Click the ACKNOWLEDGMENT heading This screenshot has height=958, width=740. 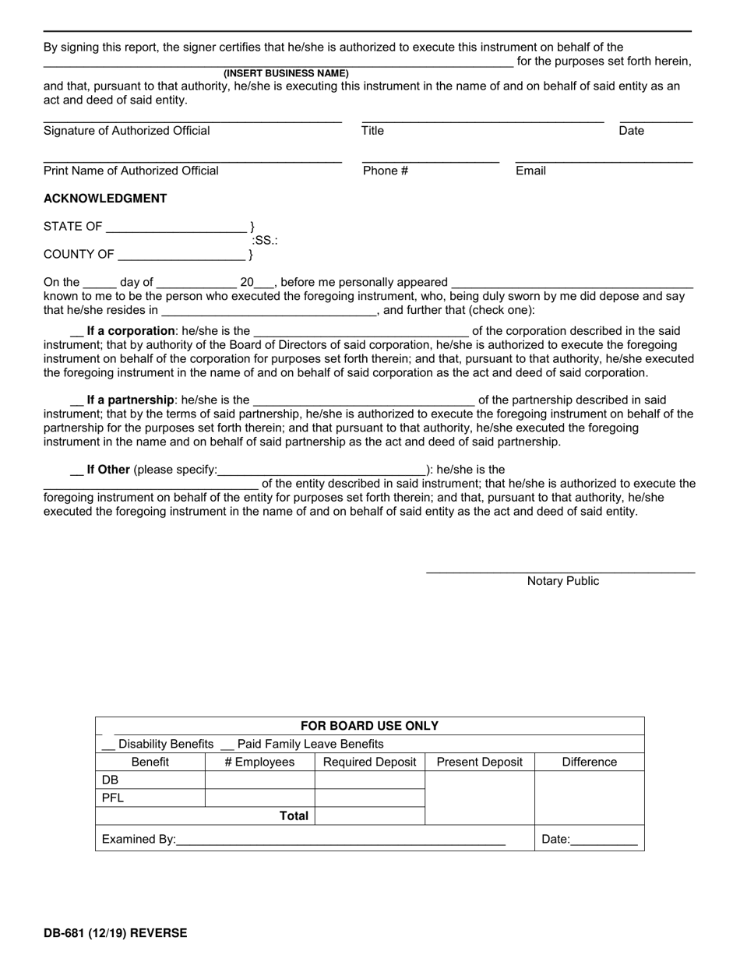pyautogui.click(x=105, y=199)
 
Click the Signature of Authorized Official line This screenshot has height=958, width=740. pyautogui.click(x=192, y=122)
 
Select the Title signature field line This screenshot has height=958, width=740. pyautogui.click(x=483, y=122)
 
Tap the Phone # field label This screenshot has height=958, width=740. pyautogui.click(x=386, y=171)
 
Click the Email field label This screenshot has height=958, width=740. pyautogui.click(x=530, y=171)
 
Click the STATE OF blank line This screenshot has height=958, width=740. pyautogui.click(x=176, y=231)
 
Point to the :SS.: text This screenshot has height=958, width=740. pyautogui.click(x=265, y=241)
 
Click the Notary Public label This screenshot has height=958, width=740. pyautogui.click(x=563, y=581)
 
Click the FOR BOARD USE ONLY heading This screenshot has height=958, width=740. pyautogui.click(x=370, y=726)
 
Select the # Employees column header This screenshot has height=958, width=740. pyautogui.click(x=259, y=762)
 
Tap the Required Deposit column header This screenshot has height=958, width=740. pyautogui.click(x=370, y=762)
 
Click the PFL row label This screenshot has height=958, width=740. pyautogui.click(x=113, y=798)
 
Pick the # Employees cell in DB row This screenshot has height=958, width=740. pyautogui.click(x=259, y=780)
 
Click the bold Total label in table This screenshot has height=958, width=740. pyautogui.click(x=294, y=816)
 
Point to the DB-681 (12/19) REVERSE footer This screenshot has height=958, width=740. pyautogui.click(x=115, y=932)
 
